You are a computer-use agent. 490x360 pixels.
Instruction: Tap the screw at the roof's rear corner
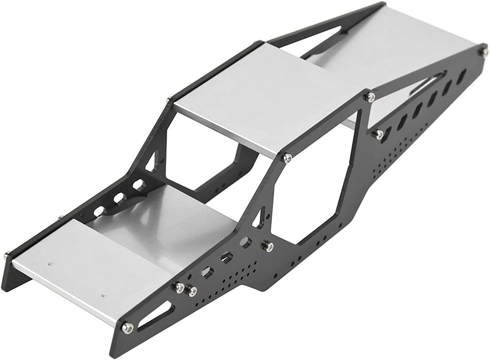coord(371,97)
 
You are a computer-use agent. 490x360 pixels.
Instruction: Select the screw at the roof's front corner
coord(288,158)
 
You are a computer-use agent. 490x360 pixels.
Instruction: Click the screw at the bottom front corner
coord(127,327)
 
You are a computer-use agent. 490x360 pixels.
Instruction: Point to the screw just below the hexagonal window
coord(268,246)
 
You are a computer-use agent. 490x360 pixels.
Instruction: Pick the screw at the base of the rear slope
coord(378,133)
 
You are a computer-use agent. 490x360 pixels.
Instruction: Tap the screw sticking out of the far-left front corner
coord(6,255)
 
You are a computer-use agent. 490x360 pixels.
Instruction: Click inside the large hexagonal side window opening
coord(314,191)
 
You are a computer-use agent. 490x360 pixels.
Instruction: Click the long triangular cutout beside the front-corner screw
coord(156,316)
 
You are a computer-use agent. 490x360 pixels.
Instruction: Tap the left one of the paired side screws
coord(180,288)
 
